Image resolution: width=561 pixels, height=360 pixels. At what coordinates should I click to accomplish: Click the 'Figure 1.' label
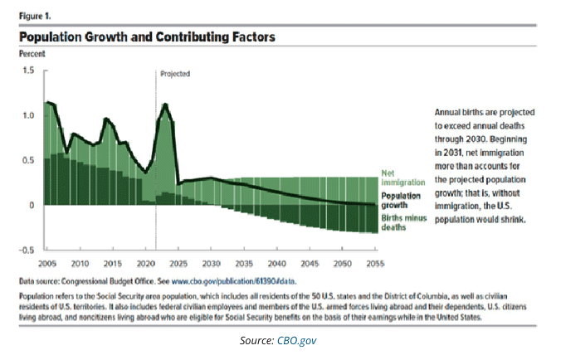tap(36, 14)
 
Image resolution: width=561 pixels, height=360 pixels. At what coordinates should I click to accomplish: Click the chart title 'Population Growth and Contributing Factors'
tap(147, 37)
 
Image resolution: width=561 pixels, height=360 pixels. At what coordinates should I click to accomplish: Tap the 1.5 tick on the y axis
tap(29, 71)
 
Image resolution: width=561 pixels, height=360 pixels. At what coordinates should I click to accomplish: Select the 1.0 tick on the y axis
tap(29, 115)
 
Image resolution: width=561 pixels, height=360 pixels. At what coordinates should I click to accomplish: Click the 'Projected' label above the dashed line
tap(175, 74)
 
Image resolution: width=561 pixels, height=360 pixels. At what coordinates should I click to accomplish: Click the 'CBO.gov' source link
tap(299, 340)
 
